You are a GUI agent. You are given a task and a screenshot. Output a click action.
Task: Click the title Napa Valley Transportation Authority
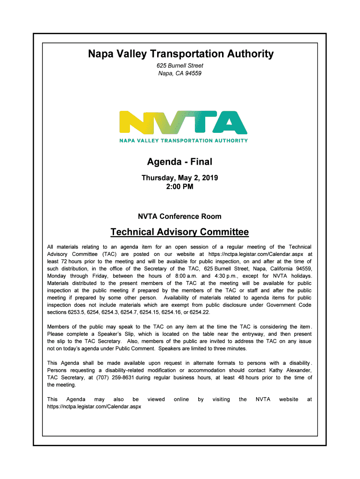tap(180, 54)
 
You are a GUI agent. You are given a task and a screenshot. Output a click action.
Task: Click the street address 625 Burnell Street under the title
tap(180, 66)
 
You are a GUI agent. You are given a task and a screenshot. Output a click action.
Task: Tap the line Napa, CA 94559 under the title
tap(180, 73)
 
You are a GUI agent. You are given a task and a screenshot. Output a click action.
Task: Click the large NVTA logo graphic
tap(183, 123)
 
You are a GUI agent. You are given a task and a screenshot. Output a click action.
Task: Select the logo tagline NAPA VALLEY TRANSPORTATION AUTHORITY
tap(183, 140)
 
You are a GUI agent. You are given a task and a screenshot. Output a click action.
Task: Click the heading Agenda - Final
tap(180, 162)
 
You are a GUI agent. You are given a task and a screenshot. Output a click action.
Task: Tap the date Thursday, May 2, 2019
tap(180, 178)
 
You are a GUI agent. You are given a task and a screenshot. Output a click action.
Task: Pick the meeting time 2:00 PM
tap(180, 187)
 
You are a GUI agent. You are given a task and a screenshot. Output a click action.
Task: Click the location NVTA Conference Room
tap(180, 217)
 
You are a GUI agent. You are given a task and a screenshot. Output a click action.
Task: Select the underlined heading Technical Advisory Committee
tap(180, 232)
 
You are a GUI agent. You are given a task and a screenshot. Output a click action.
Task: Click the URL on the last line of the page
tap(94, 406)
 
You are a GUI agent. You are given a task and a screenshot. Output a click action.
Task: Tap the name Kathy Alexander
tap(289, 370)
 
